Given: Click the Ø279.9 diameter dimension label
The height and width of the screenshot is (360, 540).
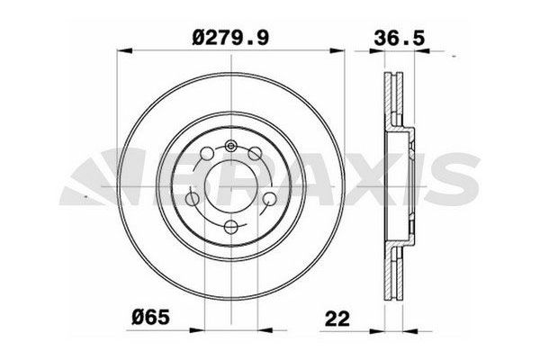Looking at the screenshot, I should [x=232, y=37].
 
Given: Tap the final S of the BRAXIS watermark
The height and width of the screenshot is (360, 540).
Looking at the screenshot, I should [x=468, y=177].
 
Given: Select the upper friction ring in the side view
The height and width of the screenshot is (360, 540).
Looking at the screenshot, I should [x=396, y=99].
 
